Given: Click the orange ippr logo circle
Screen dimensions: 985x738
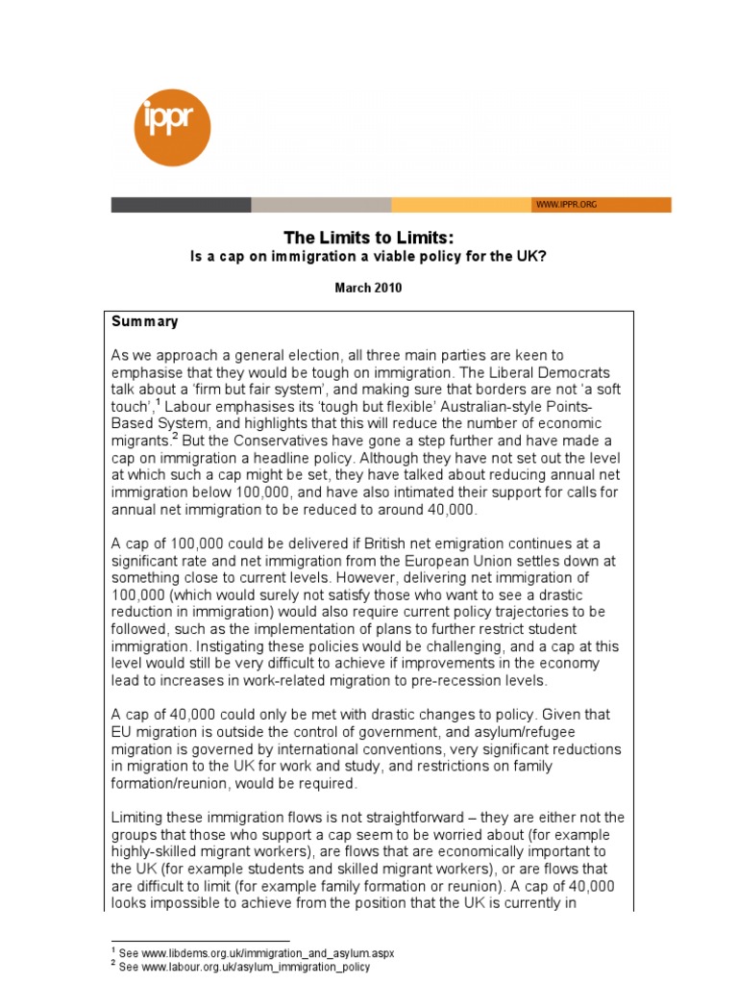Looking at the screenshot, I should coord(172,127).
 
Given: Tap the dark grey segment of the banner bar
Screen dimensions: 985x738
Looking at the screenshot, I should coord(181,205).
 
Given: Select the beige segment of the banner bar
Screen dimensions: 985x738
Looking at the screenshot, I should coord(321,205).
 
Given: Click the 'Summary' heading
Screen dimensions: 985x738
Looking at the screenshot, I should coord(145,321).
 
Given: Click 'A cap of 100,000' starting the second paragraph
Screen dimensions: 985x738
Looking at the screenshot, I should coord(168,543).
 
